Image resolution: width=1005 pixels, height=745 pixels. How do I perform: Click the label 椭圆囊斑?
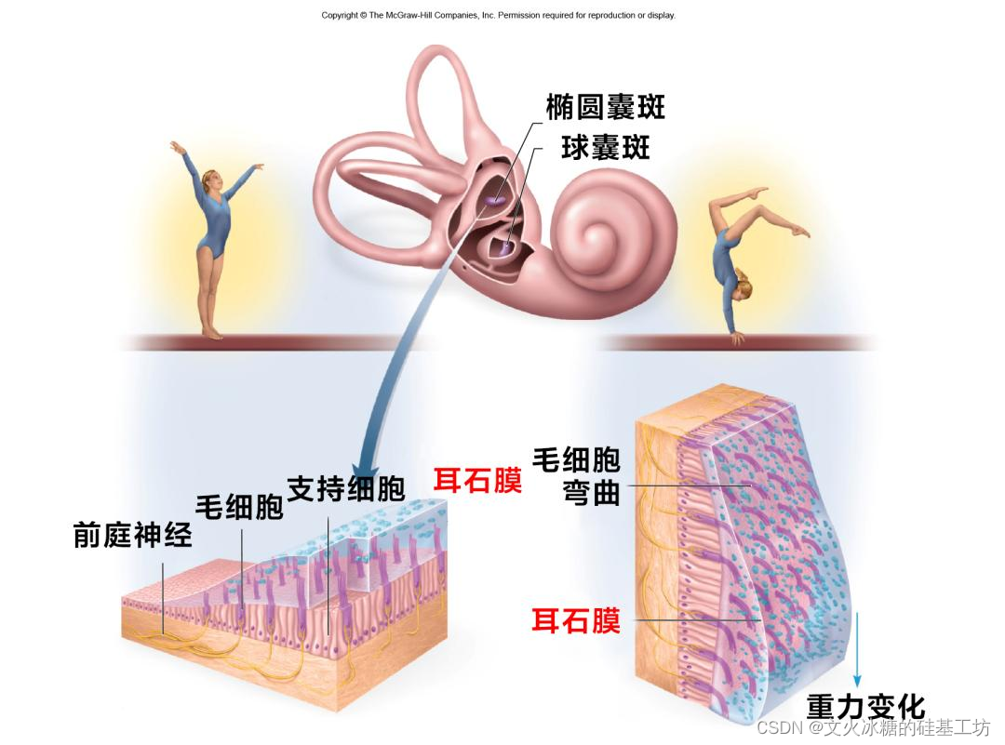point(606,108)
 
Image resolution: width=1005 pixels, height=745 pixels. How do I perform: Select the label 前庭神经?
point(133,536)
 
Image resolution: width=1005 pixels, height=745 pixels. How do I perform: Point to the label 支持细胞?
point(345,488)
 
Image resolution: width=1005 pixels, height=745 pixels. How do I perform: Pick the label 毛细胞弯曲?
point(576,476)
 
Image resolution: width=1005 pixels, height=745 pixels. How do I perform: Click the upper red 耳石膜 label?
point(477,481)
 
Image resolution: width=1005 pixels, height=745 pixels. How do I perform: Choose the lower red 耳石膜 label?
point(576,621)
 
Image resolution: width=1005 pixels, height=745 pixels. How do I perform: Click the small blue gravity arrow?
point(857,651)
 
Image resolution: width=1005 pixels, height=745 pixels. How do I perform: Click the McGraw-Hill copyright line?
point(498,15)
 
